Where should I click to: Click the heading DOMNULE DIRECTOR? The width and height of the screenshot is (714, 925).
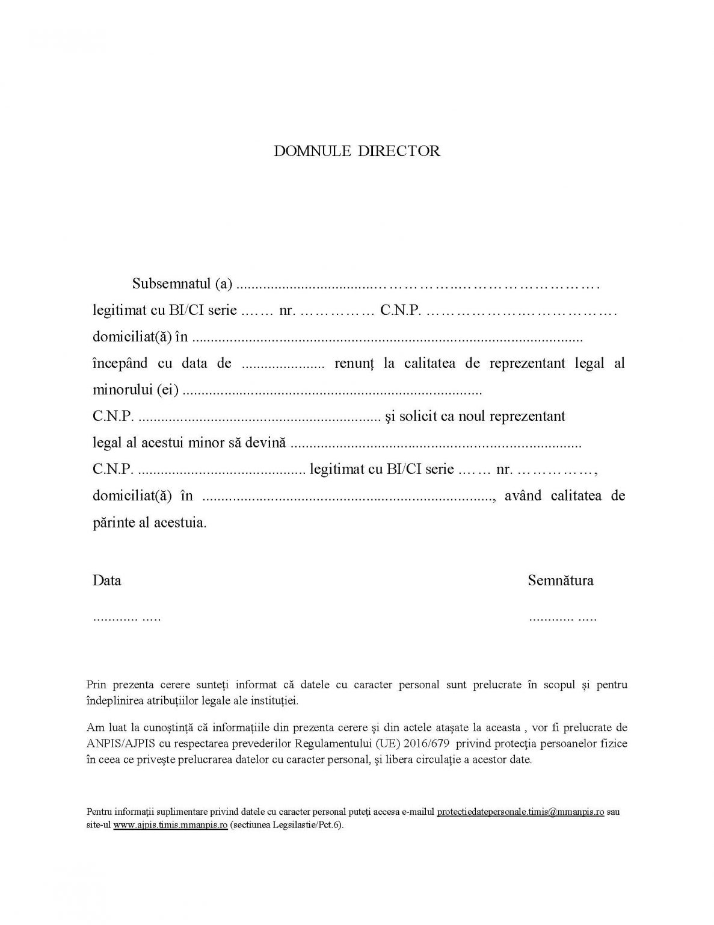click(x=357, y=151)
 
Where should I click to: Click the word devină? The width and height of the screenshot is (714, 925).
click(x=265, y=443)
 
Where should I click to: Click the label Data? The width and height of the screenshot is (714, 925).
click(x=106, y=581)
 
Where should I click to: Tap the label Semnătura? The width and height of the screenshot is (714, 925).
click(x=560, y=581)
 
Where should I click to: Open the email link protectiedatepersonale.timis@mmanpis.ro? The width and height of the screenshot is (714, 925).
click(x=520, y=812)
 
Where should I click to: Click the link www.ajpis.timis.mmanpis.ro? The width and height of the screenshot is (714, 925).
click(x=170, y=825)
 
